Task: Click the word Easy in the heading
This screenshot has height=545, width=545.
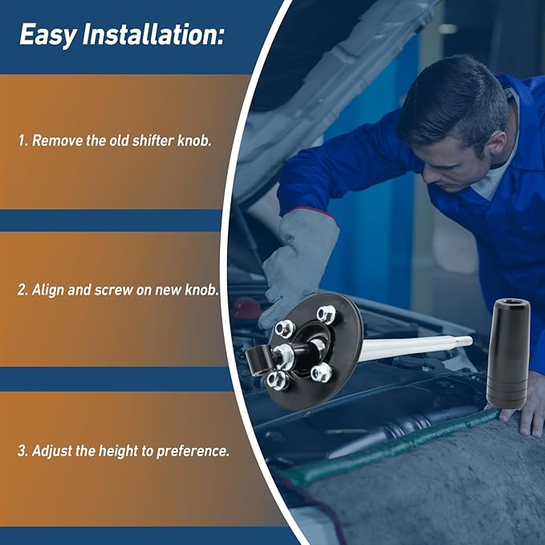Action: [x=48, y=35]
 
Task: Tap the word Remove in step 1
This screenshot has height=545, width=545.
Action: [x=57, y=140]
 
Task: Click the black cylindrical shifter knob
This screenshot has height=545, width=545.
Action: [x=508, y=353]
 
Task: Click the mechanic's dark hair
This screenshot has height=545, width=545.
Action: [x=459, y=97]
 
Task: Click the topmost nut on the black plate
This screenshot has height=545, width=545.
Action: [x=327, y=314]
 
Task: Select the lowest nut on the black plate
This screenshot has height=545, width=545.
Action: [x=277, y=380]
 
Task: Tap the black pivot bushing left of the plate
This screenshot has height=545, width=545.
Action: [x=259, y=360]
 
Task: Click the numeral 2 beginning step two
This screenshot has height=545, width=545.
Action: [x=22, y=291]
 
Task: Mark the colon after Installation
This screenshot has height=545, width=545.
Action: [x=219, y=36]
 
